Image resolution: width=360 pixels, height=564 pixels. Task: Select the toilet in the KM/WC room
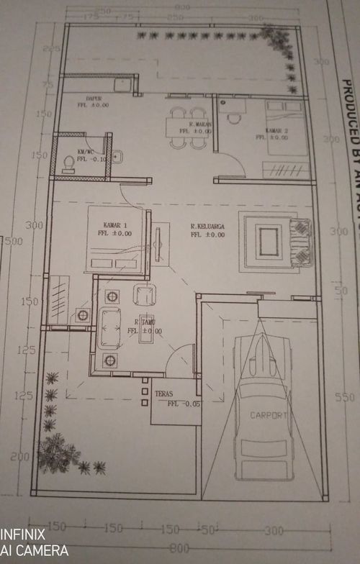pyautogui.click(x=69, y=165)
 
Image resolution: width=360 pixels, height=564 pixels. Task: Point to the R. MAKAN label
pyautogui.click(x=179, y=124)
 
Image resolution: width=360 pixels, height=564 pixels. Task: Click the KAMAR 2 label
pyautogui.click(x=256, y=130)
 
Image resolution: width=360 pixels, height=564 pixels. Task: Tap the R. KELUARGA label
pyautogui.click(x=208, y=227)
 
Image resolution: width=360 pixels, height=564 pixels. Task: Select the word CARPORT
pyautogui.click(x=269, y=416)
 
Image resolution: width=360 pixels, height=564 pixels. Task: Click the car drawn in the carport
pyautogui.click(x=264, y=424)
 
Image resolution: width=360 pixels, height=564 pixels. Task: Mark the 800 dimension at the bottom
pyautogui.click(x=181, y=549)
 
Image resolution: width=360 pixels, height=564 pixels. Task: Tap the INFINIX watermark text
pyautogui.click(x=22, y=535)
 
